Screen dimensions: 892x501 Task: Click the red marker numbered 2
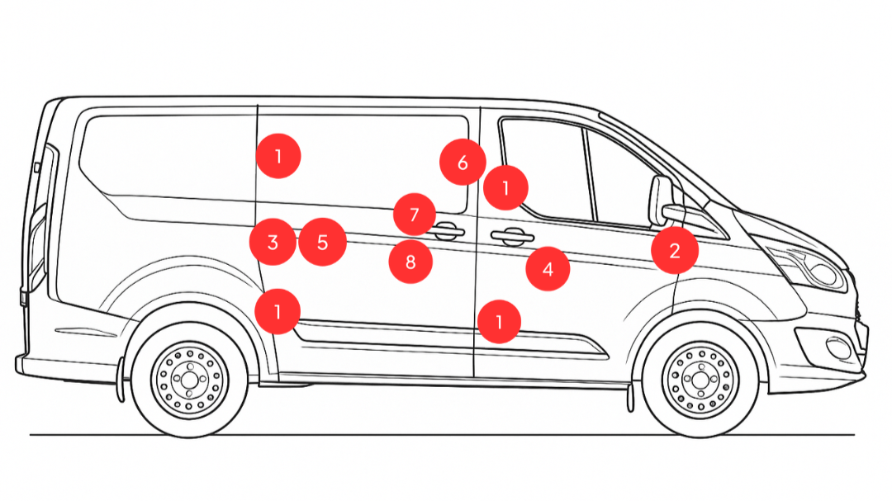tap(675, 250)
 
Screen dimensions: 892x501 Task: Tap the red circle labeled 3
tap(273, 242)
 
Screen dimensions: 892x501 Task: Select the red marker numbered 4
tap(548, 268)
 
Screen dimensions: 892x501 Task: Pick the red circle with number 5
tap(322, 243)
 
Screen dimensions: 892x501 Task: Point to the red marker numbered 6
tap(462, 162)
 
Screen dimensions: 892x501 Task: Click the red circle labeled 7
tap(414, 215)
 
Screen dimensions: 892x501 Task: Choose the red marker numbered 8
tap(411, 262)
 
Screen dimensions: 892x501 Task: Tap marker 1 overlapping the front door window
tap(505, 187)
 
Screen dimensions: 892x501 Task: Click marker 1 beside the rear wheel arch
tap(278, 311)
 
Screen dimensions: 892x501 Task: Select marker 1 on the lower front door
tap(499, 321)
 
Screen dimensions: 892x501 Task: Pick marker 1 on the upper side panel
tap(278, 155)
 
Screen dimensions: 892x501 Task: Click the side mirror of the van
tap(662, 201)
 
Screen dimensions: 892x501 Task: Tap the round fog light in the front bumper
tap(839, 347)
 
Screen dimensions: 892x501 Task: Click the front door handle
tap(512, 237)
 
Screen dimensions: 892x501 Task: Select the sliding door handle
tap(447, 231)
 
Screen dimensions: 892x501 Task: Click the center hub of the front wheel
tap(700, 380)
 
